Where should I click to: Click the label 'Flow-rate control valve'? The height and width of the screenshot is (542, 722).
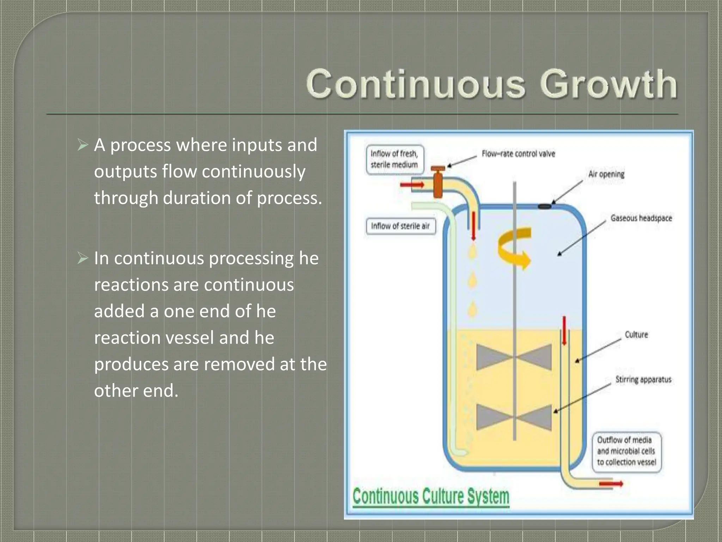coord(518,154)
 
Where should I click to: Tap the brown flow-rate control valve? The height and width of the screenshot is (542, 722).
coord(438,183)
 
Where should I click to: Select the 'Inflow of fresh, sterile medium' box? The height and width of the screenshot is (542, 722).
coord(394,159)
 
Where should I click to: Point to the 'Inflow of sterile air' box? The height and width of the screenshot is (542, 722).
coord(401,226)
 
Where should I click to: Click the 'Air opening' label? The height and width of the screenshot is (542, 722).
coord(606,174)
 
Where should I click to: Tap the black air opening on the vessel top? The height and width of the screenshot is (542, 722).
coord(545,206)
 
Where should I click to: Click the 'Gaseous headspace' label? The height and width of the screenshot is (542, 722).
coord(641,218)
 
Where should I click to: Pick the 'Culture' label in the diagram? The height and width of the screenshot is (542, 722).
coord(636,335)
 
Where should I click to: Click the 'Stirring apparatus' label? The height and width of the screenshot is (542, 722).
coord(643,380)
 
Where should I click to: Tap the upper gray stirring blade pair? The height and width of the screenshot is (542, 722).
coord(514,357)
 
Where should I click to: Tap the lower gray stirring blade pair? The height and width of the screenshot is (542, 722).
coord(514,417)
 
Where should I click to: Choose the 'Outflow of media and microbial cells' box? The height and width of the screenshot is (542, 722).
coord(626,451)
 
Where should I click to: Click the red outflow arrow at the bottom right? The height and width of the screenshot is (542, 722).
coord(611,484)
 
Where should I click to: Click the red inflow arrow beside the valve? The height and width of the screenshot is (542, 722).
coord(412,185)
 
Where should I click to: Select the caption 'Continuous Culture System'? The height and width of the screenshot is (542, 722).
coord(431,497)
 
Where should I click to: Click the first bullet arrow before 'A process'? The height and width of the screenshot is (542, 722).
coord(82,145)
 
